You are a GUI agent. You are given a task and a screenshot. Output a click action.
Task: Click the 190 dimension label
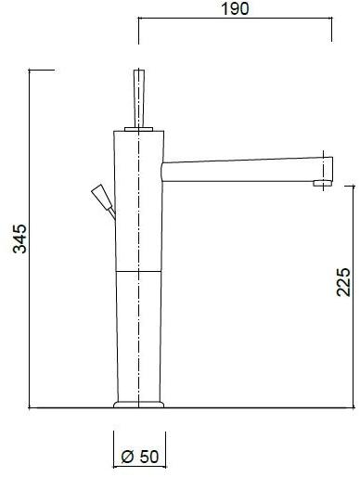[x=235, y=8]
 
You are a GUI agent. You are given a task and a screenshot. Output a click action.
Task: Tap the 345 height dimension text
[x=20, y=238]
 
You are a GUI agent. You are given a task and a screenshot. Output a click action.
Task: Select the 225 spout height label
[x=343, y=282]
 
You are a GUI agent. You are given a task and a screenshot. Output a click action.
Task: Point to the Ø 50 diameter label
[x=140, y=457]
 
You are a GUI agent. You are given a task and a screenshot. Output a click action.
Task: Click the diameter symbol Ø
[x=128, y=457]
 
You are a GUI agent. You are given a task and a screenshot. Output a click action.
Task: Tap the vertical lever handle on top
[x=139, y=98]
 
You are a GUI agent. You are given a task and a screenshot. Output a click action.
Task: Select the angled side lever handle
[x=102, y=197]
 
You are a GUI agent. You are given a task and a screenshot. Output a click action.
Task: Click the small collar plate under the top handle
[x=139, y=129]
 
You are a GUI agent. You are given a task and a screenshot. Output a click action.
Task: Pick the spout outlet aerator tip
[x=323, y=184]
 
